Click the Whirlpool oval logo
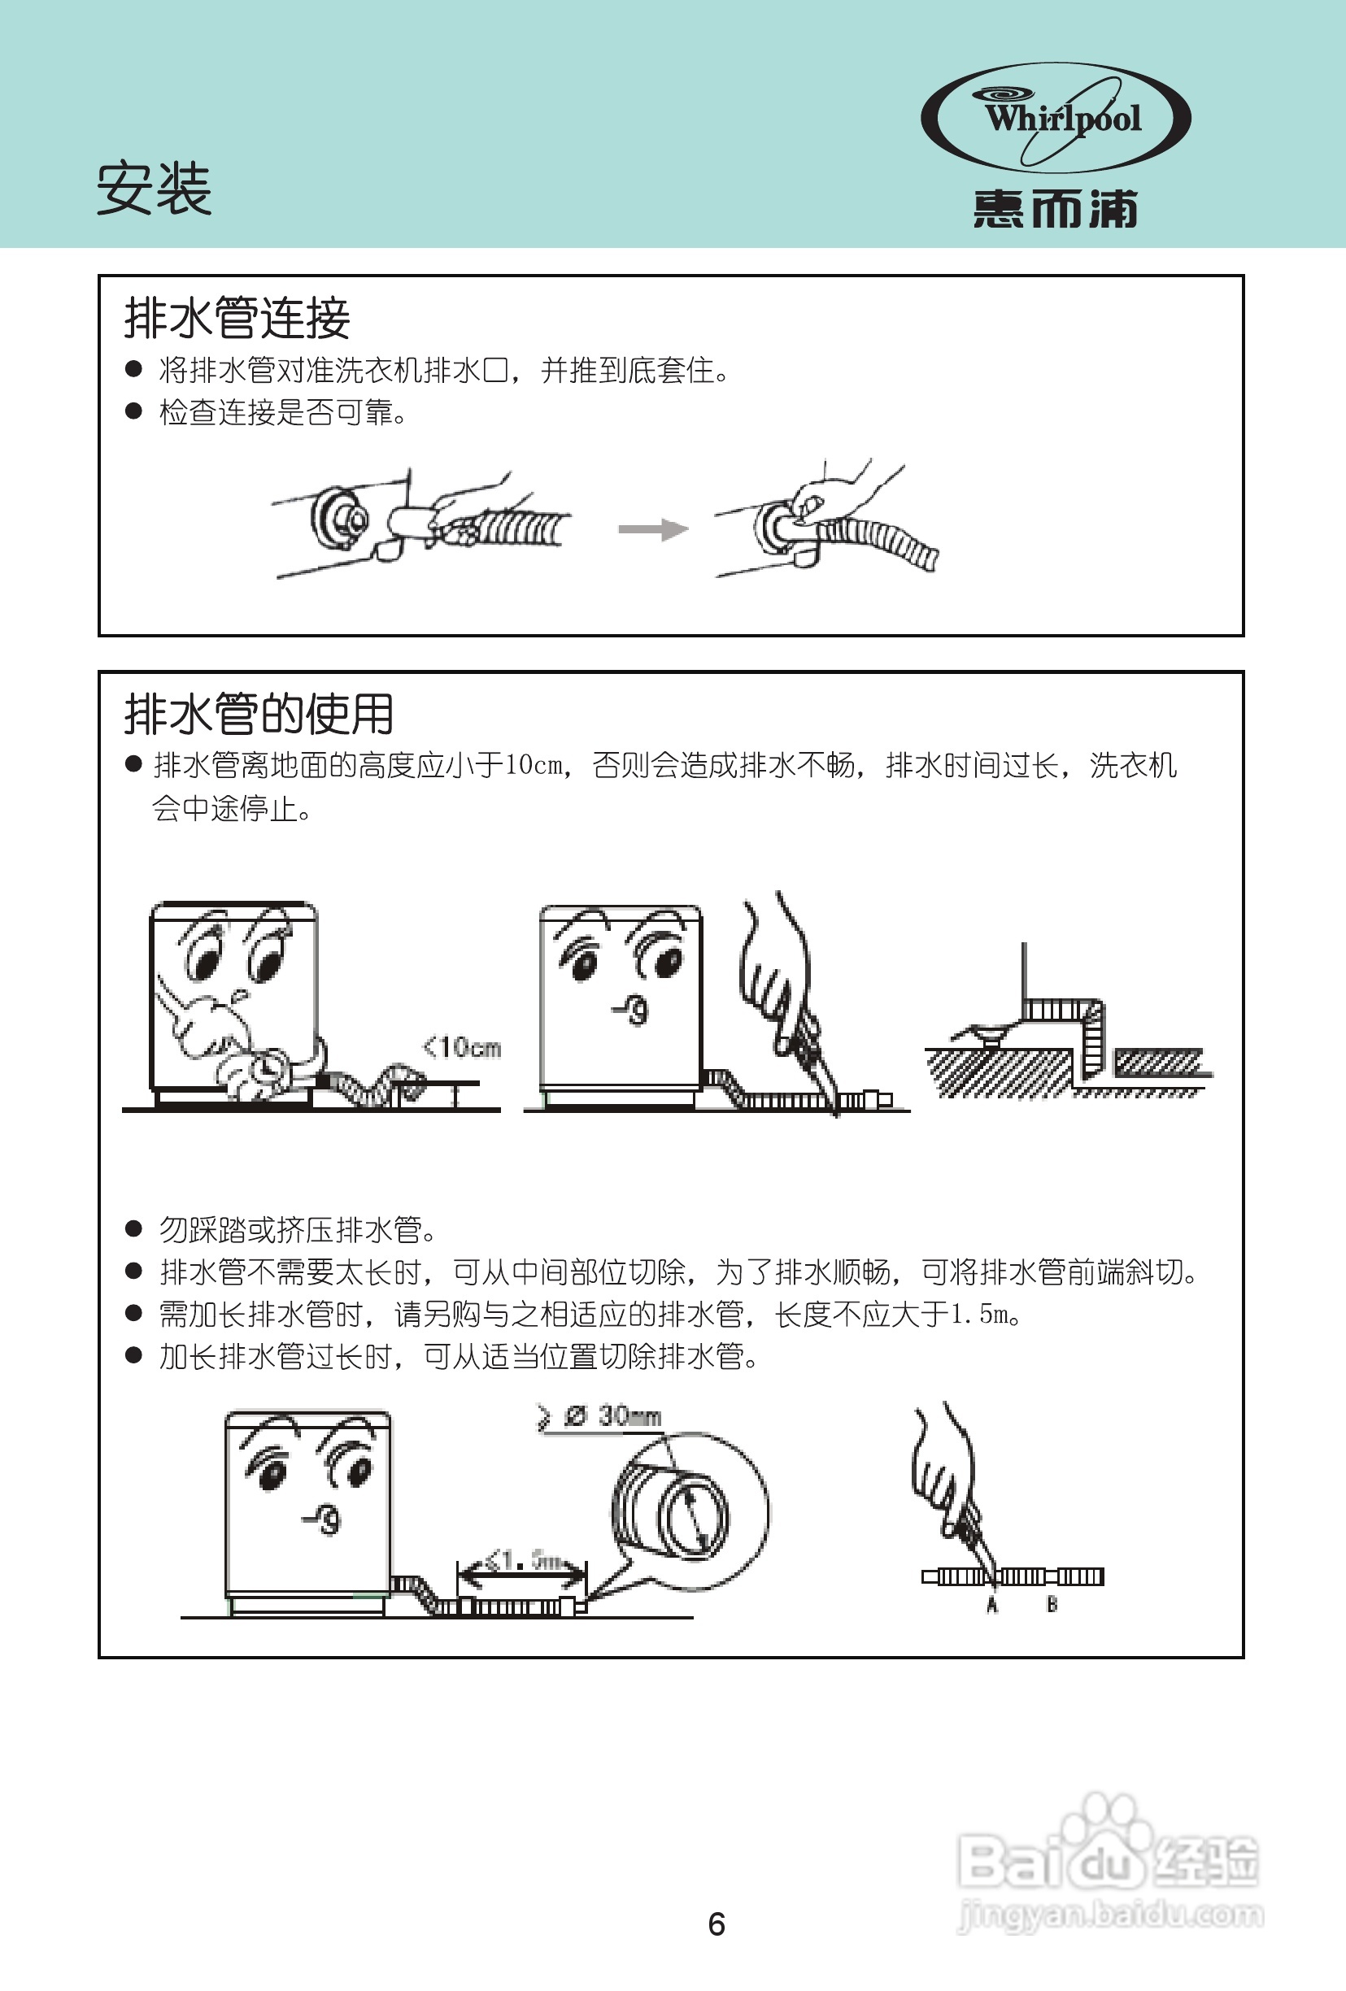1056,118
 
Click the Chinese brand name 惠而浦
1056,209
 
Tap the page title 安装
155,189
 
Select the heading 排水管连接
237,318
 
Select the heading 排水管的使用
259,714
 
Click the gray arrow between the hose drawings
653,529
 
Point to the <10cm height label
463,1047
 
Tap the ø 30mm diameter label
612,1416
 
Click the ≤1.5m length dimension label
522,1560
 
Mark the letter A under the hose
992,1605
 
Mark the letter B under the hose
1052,1604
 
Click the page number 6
717,1924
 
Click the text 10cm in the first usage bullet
534,764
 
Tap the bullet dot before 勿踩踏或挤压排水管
133,1229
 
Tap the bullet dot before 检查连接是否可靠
133,411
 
